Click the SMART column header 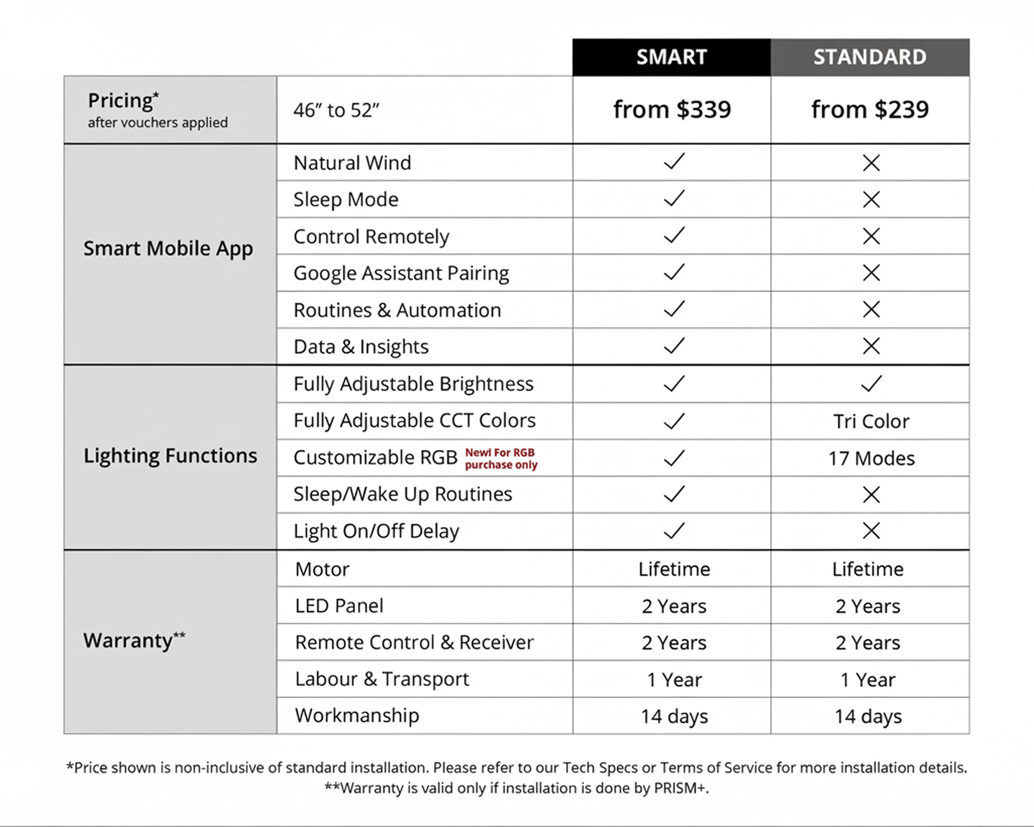click(671, 57)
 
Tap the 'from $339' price click(672, 110)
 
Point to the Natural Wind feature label click(352, 163)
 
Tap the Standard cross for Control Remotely click(871, 236)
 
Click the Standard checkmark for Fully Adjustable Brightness click(871, 383)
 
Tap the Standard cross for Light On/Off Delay click(871, 531)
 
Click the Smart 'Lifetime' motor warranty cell click(674, 569)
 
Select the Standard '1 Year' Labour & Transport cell click(868, 679)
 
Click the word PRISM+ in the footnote click(681, 788)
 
